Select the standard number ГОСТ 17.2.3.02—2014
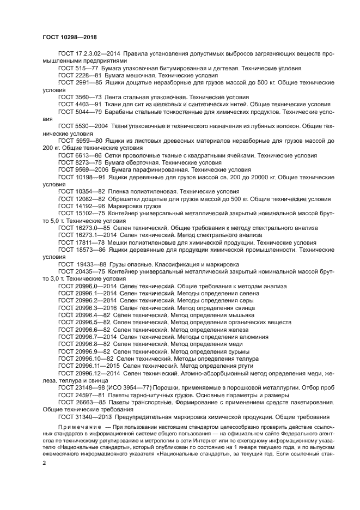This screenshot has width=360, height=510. [x=89, y=54]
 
